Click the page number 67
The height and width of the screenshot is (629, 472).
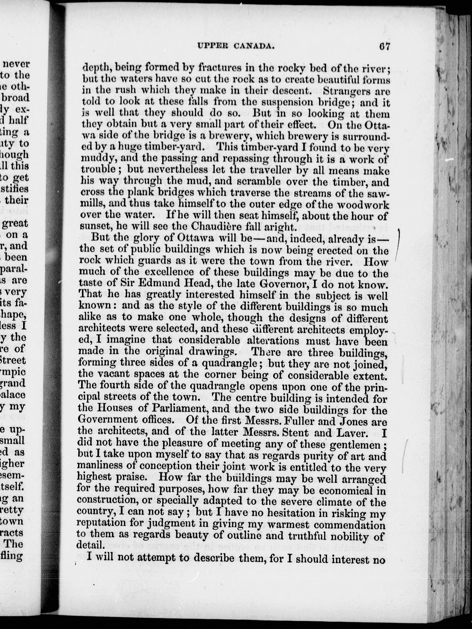pos(384,46)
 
